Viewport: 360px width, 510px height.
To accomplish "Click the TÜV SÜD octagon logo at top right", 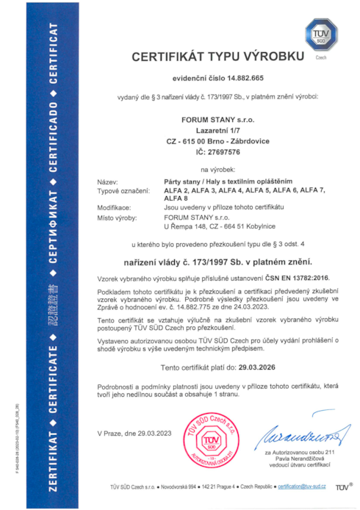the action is [321, 35].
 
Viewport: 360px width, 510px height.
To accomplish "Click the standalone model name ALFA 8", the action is [176, 198].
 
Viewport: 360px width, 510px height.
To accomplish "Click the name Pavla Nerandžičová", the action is [292, 459].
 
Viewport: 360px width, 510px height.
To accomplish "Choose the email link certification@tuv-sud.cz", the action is [303, 487].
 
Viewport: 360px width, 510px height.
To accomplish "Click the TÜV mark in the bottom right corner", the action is [342, 487].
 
